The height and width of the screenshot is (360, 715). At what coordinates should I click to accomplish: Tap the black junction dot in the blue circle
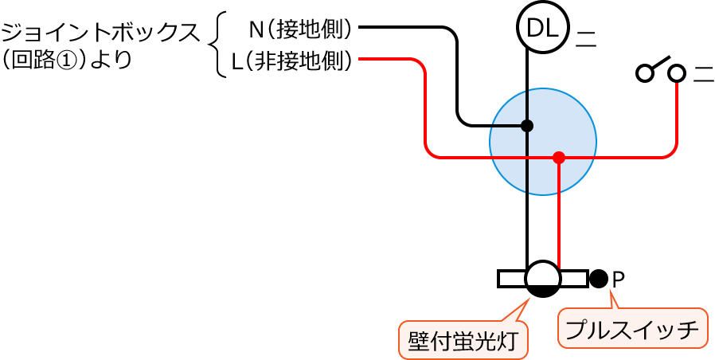point(526,126)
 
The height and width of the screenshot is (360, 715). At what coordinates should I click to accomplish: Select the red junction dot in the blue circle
point(559,158)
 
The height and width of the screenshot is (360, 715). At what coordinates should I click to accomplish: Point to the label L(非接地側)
point(291,61)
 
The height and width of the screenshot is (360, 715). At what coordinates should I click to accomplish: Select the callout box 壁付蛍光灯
point(462,340)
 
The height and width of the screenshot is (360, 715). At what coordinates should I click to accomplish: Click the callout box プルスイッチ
point(632,327)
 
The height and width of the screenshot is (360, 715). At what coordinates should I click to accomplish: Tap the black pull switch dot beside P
point(599,278)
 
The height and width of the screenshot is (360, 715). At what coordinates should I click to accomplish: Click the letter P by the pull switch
point(619,279)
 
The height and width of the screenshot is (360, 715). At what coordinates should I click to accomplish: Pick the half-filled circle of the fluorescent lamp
point(543,278)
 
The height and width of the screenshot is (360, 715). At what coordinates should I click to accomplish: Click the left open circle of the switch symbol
point(644,73)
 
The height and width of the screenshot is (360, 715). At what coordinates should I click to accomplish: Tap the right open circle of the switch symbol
point(676,73)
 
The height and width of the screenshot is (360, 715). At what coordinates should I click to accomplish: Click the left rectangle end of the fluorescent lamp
point(512,278)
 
